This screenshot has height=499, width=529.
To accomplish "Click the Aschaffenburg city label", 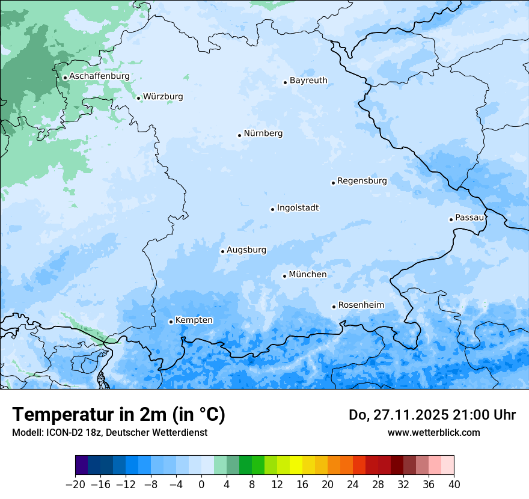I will pos(99,76).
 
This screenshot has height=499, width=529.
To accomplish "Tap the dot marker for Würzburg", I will pos(138,98).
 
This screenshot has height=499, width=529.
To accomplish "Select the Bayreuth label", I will pos(308,80).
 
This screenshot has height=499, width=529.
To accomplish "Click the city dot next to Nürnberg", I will pos(239,135).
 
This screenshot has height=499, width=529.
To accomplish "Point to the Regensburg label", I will pos(362,180).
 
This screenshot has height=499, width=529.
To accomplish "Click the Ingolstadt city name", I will pos(298,207).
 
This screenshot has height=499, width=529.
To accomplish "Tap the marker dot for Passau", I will pos(451,219).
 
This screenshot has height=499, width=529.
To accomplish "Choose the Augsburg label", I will pos(246,249).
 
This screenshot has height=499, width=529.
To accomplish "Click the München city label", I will pos(308,274).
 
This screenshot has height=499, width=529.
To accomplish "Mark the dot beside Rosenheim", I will pos(334,307).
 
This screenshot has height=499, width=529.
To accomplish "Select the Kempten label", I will pos(194,320).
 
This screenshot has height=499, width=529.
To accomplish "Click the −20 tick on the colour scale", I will pos(76,485).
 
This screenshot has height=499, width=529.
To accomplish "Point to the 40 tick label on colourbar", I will pos(454,485).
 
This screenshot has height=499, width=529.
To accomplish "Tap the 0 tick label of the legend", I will pos(201,485).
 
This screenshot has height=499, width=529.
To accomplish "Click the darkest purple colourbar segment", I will pos(82,465).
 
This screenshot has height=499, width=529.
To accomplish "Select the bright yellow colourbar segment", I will pos(296,465).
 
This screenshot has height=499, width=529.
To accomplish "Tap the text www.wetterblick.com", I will pos(433,432).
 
